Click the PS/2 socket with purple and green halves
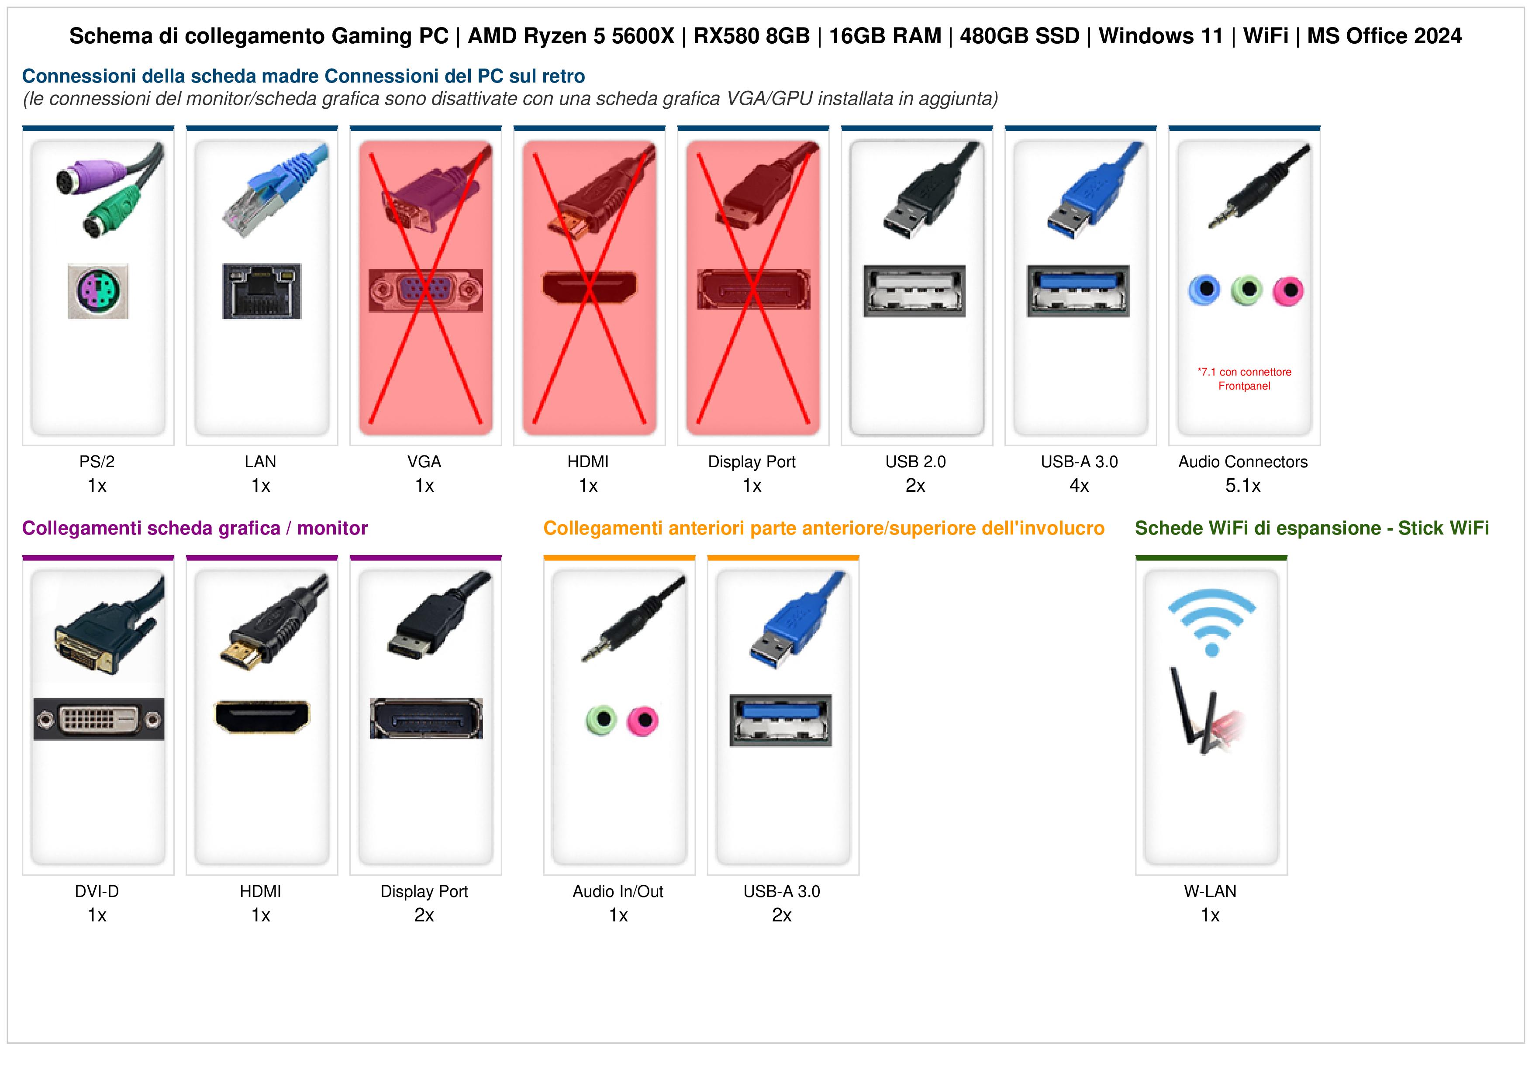click(98, 291)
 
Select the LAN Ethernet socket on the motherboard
click(262, 291)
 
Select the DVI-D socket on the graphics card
click(99, 719)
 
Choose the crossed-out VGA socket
click(426, 290)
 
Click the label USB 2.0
click(915, 462)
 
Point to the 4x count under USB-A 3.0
click(1079, 486)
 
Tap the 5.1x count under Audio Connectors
click(1243, 486)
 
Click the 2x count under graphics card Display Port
click(424, 915)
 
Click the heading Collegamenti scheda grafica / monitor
click(195, 528)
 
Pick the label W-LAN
click(1211, 891)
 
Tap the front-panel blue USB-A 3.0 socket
click(781, 721)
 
